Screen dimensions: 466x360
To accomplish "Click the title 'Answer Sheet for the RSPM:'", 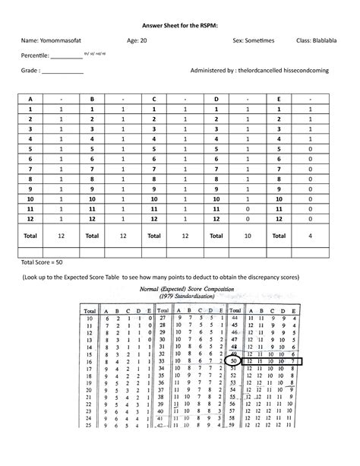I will click(180, 25).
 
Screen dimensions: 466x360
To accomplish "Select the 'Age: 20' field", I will click(137, 40).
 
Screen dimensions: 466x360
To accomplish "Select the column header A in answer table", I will click(30, 99).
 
